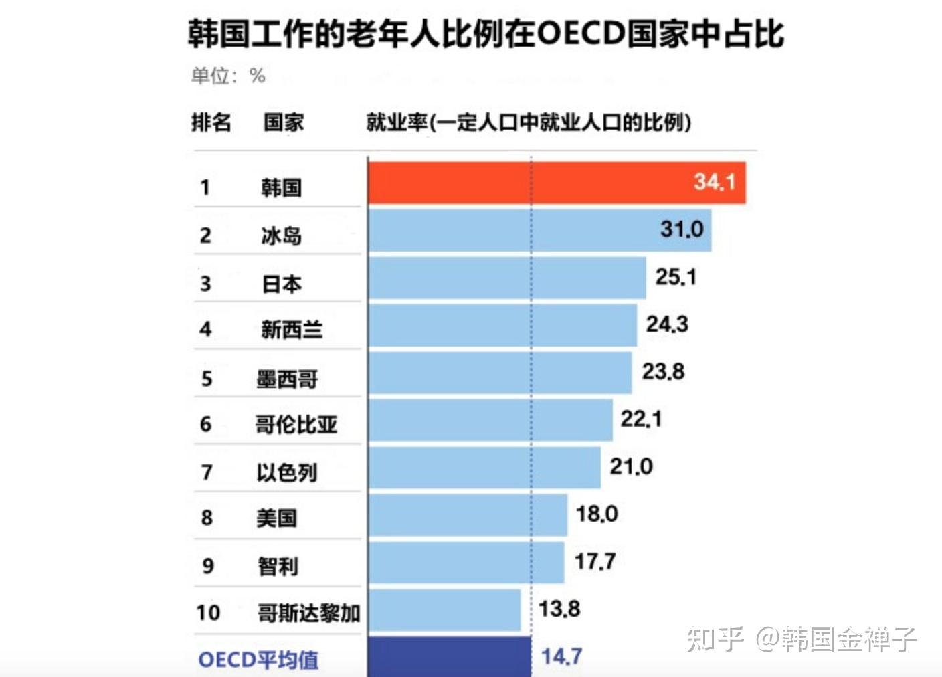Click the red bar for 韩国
[557, 182]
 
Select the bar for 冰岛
[539, 230]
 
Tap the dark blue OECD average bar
[449, 656]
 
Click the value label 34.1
[714, 181]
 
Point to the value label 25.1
[676, 277]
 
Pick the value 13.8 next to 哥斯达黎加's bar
[559, 609]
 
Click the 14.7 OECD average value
[561, 656]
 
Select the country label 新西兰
[292, 330]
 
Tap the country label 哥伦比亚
[296, 425]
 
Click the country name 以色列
[286, 473]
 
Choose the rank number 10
[208, 613]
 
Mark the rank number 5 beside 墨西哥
[207, 379]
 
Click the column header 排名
[211, 122]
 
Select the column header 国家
[284, 122]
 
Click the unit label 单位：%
[228, 76]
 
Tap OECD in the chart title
[581, 33]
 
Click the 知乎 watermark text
[715, 640]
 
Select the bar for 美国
[468, 515]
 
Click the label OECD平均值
[258, 660]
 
